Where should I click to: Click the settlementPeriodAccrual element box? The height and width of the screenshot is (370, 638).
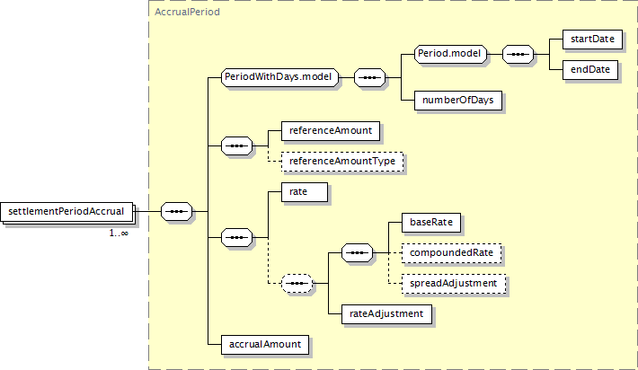(66, 211)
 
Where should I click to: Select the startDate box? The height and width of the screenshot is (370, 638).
(592, 39)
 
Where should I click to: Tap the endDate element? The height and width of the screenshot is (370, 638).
(590, 69)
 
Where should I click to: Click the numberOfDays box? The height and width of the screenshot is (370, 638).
(458, 100)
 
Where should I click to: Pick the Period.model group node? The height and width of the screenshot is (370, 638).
(450, 54)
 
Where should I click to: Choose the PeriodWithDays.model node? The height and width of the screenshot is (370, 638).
(279, 77)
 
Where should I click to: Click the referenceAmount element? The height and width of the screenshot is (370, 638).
(331, 130)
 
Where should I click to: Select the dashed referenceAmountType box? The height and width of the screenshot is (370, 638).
(342, 162)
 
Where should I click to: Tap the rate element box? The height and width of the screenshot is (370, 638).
(305, 192)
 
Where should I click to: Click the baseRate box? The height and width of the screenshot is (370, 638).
(431, 223)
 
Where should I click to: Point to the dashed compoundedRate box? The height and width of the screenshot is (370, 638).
(452, 253)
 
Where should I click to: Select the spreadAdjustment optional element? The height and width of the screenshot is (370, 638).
(454, 284)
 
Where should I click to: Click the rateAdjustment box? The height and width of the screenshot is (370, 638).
(386, 314)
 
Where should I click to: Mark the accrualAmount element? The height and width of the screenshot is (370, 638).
(265, 344)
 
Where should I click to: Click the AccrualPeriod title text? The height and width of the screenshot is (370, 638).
(187, 13)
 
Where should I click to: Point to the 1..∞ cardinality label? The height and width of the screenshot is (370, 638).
(119, 233)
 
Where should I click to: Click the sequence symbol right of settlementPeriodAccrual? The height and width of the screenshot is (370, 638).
(177, 211)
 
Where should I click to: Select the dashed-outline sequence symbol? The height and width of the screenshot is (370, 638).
(297, 284)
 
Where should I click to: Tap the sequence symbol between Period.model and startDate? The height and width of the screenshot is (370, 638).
(518, 54)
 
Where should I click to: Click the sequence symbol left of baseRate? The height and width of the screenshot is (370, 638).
(357, 253)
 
